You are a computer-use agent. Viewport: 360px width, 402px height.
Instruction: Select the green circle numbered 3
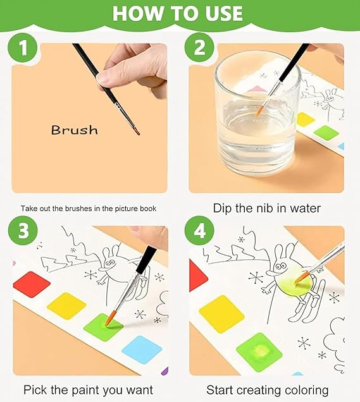pos(23,231)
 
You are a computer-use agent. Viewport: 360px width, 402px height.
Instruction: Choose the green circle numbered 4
pos(201,231)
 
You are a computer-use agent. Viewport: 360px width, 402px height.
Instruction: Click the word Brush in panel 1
pos(75,130)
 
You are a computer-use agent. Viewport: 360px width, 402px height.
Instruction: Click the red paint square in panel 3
pos(31,284)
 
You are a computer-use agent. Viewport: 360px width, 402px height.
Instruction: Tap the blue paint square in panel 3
pos(142,349)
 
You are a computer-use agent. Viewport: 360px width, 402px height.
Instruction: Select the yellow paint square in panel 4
pos(221,313)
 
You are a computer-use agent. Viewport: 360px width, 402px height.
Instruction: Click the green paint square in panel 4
pos(259,351)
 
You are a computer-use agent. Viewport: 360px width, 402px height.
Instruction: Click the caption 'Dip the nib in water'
pos(266,208)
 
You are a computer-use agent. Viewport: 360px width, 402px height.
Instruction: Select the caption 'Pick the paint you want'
pos(88,389)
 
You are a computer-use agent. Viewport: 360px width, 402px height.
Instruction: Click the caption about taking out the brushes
pos(89,208)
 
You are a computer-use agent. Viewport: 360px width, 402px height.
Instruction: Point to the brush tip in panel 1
pos(137,132)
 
